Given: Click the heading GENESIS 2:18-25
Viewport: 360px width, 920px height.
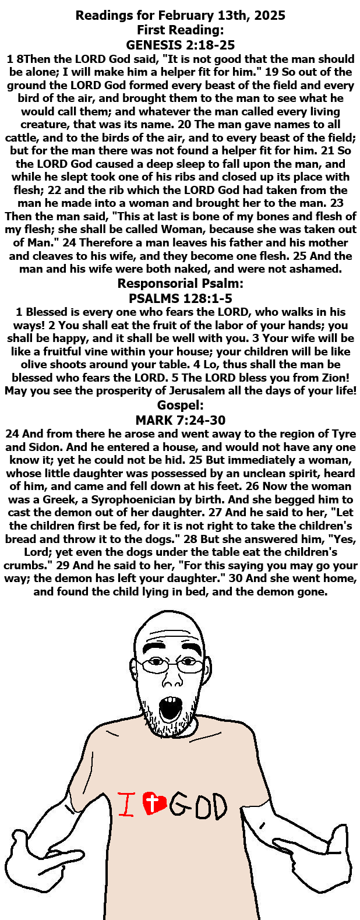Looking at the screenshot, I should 180,45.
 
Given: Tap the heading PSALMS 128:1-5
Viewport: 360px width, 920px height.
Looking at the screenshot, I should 180,299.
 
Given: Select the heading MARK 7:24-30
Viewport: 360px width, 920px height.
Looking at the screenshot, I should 180,420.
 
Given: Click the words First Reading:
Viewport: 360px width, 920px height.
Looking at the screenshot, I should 180,30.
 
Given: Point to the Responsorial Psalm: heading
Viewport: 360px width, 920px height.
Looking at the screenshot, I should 180,284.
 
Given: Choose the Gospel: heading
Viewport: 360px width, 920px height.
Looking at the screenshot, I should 180,406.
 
